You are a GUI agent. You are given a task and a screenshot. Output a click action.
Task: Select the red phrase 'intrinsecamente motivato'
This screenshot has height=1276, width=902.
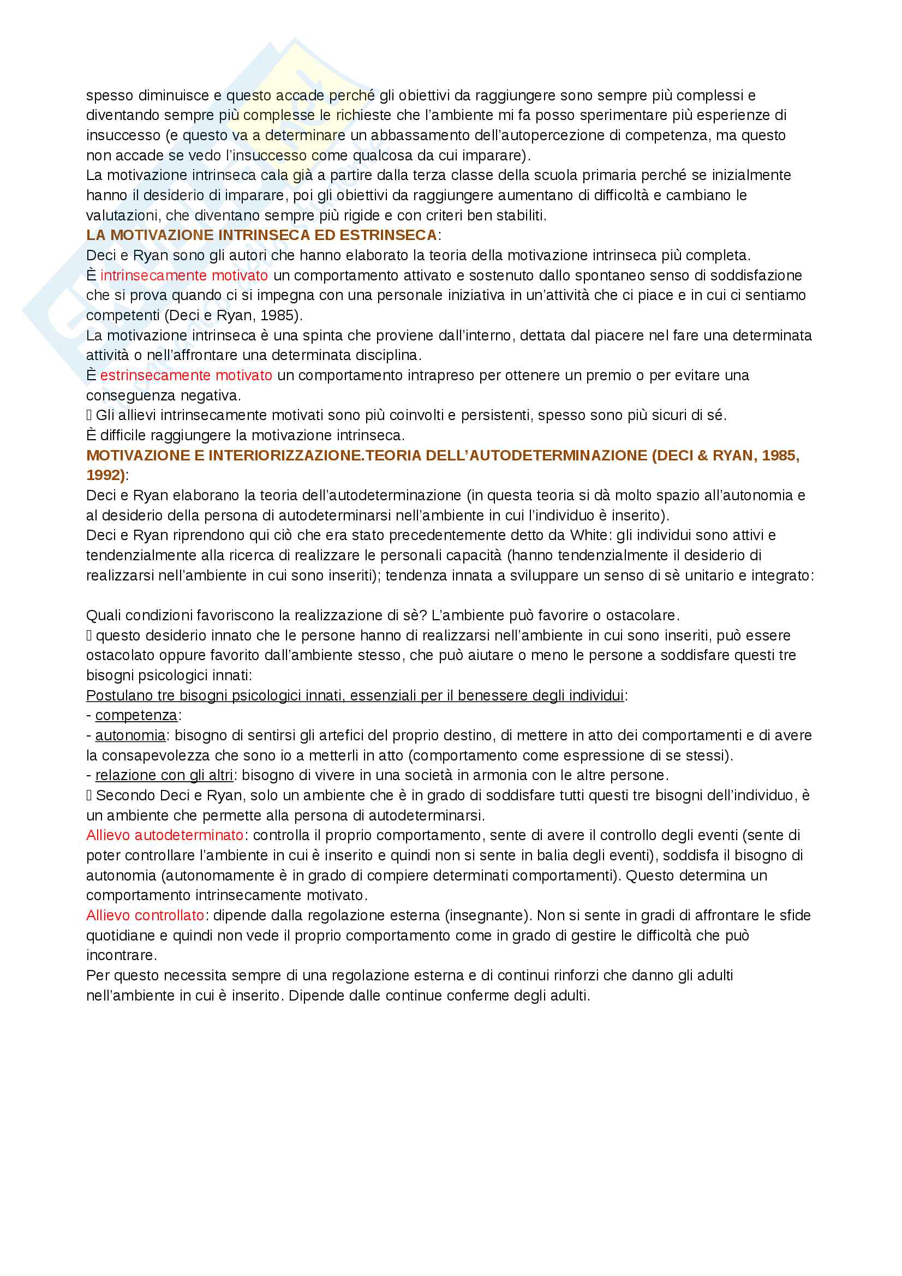pyautogui.click(x=184, y=275)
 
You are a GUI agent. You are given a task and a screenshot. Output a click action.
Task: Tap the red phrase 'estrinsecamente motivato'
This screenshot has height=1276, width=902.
pyautogui.click(x=186, y=376)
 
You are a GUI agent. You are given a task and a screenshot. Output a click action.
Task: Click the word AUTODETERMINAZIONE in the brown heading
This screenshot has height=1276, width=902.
pyautogui.click(x=558, y=456)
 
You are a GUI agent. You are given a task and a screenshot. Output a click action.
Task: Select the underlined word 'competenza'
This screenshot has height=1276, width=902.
pyautogui.click(x=136, y=715)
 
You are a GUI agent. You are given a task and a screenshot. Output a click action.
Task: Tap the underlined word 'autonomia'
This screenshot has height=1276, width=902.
pyautogui.click(x=130, y=735)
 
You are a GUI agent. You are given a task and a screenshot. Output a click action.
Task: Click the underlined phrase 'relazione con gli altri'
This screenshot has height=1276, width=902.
pyautogui.click(x=164, y=775)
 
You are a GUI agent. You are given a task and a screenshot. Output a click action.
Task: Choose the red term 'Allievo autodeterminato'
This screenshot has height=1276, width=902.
pyautogui.click(x=164, y=835)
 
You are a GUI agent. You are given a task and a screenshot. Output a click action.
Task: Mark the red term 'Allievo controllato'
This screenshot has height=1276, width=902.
pyautogui.click(x=145, y=915)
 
